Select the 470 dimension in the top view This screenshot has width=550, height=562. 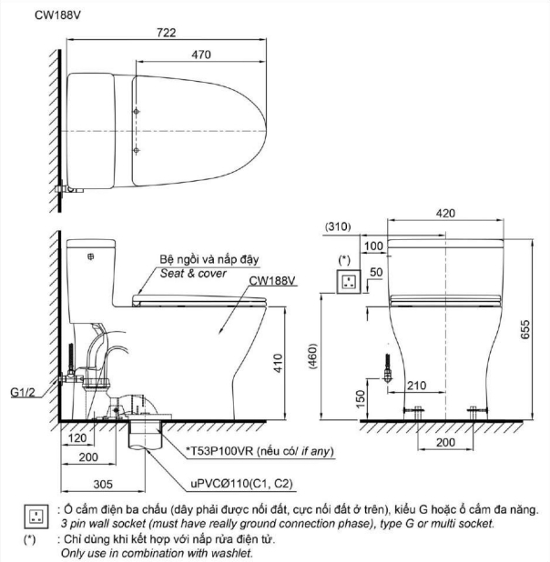[201, 55]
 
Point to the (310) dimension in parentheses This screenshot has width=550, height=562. [338, 226]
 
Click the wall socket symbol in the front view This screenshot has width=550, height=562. [346, 283]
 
